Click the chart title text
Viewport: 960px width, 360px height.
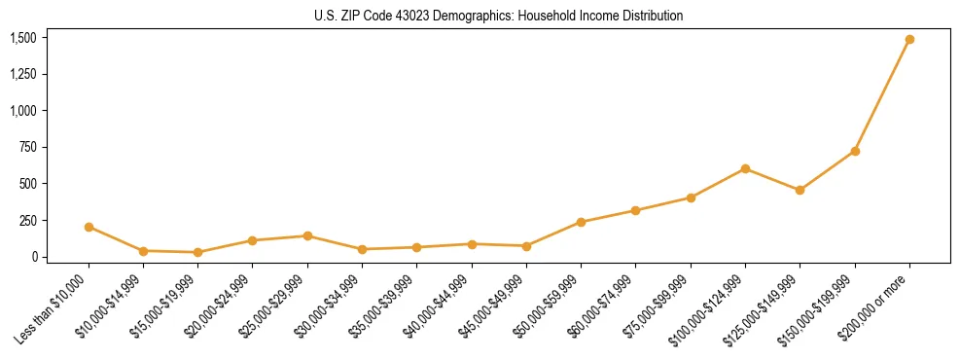498,16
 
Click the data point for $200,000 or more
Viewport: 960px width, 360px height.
909,40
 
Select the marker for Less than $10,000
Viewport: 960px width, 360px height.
89,227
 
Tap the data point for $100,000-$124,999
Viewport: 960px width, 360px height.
745,168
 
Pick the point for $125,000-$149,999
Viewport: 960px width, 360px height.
800,190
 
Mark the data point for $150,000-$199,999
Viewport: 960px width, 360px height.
855,151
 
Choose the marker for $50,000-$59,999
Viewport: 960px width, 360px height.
581,222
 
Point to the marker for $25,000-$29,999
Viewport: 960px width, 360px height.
307,235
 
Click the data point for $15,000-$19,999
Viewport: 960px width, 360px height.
197,252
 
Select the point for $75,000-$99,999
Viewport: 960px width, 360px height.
691,198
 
